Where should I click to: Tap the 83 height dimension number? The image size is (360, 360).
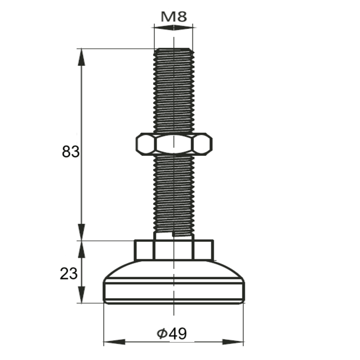pos(70,152)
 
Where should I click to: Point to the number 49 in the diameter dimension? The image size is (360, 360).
pos(177,334)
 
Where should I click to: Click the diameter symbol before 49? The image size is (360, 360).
pos(161,334)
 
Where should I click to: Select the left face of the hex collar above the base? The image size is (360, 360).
pos(144,249)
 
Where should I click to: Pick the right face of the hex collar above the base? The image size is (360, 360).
pos(203,249)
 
